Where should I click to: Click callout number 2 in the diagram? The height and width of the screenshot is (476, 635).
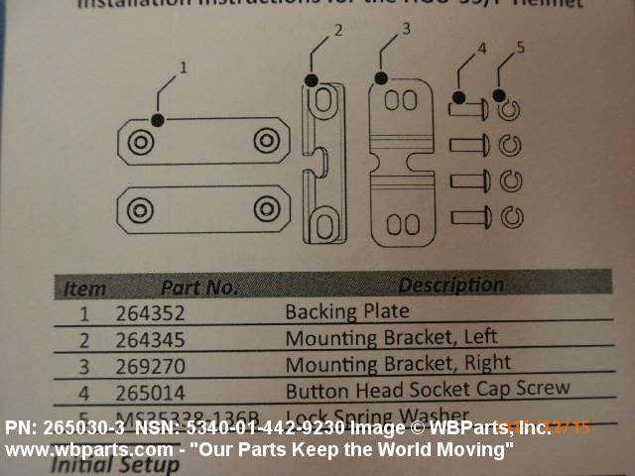(337, 31)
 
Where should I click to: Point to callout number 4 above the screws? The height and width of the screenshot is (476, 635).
(481, 48)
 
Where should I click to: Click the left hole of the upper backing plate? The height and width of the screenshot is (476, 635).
(140, 142)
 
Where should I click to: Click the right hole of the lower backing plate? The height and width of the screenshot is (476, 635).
(265, 208)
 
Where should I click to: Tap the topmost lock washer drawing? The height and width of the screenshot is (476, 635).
(509, 110)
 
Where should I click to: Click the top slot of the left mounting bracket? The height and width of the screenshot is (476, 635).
(324, 102)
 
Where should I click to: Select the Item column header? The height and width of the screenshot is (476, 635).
(84, 289)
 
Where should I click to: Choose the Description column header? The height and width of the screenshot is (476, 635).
(450, 285)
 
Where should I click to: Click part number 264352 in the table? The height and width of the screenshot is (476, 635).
(151, 314)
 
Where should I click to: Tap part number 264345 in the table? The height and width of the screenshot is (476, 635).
(151, 340)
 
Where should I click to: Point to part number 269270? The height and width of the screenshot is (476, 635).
(151, 366)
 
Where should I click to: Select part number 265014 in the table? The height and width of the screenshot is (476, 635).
(151, 393)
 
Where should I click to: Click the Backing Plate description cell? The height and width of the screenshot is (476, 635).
(332, 312)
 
